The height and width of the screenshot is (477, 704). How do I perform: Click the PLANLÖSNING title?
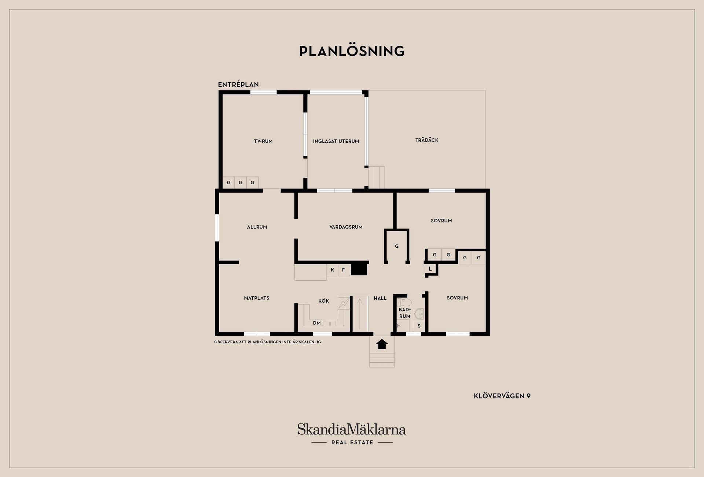[x=352, y=51]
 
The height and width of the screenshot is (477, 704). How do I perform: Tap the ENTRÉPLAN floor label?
[x=238, y=84]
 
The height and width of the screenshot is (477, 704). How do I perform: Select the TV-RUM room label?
[x=263, y=141]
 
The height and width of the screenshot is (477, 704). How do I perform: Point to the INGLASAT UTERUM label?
[x=336, y=141]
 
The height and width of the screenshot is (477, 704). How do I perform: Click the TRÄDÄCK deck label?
[x=427, y=140]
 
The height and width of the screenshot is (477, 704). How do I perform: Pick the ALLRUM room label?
[x=257, y=227]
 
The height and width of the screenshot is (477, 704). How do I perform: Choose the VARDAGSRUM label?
[x=346, y=227]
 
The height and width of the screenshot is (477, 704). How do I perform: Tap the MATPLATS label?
[x=257, y=298]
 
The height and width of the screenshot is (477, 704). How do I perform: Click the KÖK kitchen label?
[x=324, y=301]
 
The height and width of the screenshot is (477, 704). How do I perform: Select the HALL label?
[x=380, y=298]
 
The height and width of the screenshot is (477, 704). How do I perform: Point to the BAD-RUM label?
[x=405, y=313]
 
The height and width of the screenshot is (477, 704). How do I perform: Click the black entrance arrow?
[x=382, y=344]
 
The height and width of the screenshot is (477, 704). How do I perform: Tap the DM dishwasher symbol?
[x=317, y=323]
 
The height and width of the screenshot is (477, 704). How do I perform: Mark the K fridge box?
[x=332, y=270]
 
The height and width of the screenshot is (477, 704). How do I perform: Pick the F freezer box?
[x=344, y=270]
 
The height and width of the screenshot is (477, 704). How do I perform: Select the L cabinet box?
[x=430, y=269]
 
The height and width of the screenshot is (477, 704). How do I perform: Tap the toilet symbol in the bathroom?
[x=404, y=303]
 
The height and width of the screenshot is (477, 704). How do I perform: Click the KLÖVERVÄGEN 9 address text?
[x=502, y=396]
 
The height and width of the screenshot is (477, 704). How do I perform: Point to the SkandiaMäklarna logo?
[x=352, y=434]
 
